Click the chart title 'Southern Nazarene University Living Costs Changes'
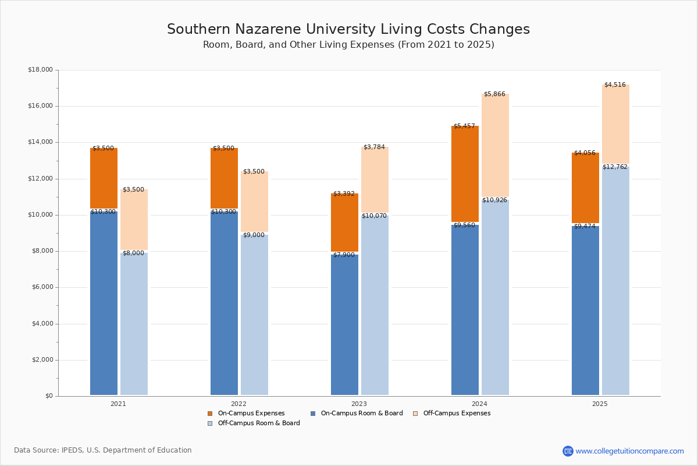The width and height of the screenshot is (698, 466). (348, 30)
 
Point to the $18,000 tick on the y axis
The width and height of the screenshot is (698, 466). (40, 70)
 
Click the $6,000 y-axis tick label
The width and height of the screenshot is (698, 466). (40, 287)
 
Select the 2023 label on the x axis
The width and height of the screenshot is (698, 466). (359, 404)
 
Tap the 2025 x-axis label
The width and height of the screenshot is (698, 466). (600, 404)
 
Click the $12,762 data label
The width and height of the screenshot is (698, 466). (615, 167)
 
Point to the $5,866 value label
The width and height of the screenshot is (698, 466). (494, 94)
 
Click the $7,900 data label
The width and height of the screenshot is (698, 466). (344, 255)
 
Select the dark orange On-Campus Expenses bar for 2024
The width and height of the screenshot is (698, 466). (465, 175)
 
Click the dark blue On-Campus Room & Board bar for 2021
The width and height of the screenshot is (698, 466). (104, 303)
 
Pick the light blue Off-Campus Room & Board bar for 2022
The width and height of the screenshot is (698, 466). (254, 315)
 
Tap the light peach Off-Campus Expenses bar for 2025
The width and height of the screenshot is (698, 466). (615, 125)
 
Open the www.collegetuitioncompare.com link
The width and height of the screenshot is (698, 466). (629, 451)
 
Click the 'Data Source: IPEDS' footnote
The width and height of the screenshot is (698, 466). (103, 450)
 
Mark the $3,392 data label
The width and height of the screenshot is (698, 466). (344, 194)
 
